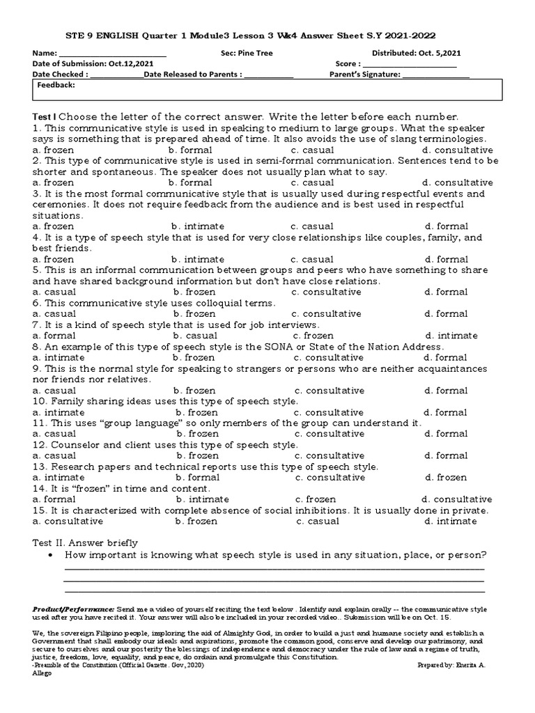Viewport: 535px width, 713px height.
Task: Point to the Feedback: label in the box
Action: (56, 85)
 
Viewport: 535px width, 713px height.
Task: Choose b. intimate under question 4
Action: (198, 259)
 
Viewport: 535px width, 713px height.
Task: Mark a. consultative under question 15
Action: (68, 521)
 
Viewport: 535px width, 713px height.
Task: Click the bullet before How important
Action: (52, 555)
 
